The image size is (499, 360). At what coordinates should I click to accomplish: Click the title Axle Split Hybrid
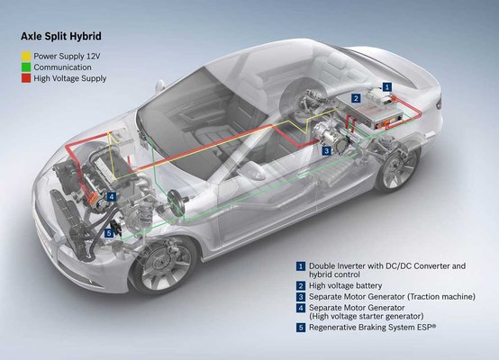point(61,36)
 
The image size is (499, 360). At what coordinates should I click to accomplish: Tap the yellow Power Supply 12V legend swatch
point(26,57)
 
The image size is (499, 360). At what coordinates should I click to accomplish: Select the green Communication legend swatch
point(26,67)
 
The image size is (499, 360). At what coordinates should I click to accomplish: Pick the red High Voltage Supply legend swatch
point(26,78)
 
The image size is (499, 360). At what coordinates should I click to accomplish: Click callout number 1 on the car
point(386,86)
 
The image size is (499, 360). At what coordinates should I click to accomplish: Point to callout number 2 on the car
point(356,98)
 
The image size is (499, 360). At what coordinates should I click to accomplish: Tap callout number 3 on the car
point(327,150)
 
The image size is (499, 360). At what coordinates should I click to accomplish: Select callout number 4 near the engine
point(112,197)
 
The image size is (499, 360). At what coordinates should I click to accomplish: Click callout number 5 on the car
point(109,233)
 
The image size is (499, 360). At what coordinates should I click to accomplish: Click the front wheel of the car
point(165,266)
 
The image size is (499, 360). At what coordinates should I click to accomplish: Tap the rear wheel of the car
point(399,168)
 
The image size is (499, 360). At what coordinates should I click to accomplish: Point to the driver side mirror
point(251,171)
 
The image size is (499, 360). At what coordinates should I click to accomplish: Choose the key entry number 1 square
point(301,266)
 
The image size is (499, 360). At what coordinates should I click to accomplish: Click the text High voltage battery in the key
point(345,285)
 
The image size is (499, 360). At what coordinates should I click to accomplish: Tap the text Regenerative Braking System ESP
point(372,328)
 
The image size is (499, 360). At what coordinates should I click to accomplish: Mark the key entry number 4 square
point(301,308)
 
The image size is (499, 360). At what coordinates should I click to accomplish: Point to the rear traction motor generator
point(331,137)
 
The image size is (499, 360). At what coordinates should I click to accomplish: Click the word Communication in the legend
point(62,67)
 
